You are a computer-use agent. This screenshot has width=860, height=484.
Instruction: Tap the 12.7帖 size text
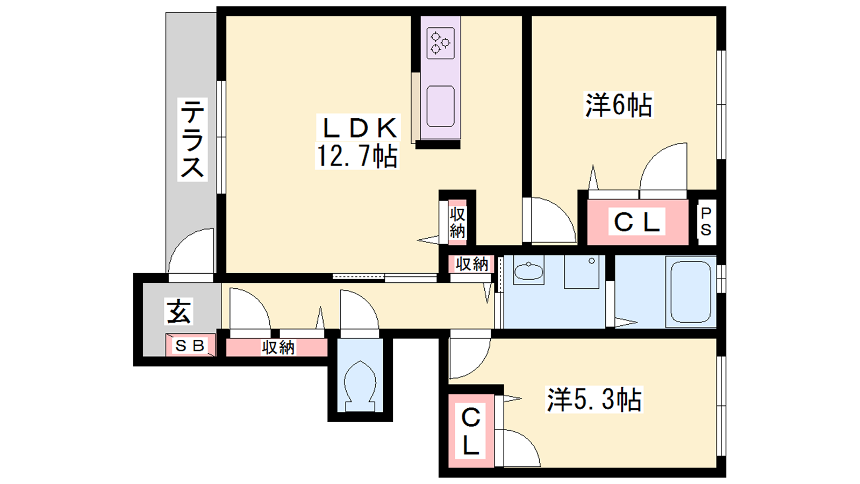357,155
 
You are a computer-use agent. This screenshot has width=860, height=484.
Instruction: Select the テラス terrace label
192,139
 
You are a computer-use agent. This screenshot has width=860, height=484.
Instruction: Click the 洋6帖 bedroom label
619,105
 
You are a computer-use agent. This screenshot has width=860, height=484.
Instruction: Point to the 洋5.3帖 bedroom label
594,400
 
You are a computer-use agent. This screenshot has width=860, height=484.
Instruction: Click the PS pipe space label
706,222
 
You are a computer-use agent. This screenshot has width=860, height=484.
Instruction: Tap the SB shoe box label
190,346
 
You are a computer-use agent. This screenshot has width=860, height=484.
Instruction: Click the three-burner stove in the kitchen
440,43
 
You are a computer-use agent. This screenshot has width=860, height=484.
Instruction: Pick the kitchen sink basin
440,106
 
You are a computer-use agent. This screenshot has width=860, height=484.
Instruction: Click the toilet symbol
360,386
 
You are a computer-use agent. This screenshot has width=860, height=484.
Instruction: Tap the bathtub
690,292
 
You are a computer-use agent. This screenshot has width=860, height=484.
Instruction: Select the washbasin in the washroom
529,271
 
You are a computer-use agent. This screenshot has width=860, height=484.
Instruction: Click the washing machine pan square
582,272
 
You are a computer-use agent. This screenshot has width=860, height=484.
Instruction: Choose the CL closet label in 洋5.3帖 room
471,431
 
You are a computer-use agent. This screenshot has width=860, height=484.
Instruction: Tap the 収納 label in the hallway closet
278,347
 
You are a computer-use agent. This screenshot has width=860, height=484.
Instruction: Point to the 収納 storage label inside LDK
457,222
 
